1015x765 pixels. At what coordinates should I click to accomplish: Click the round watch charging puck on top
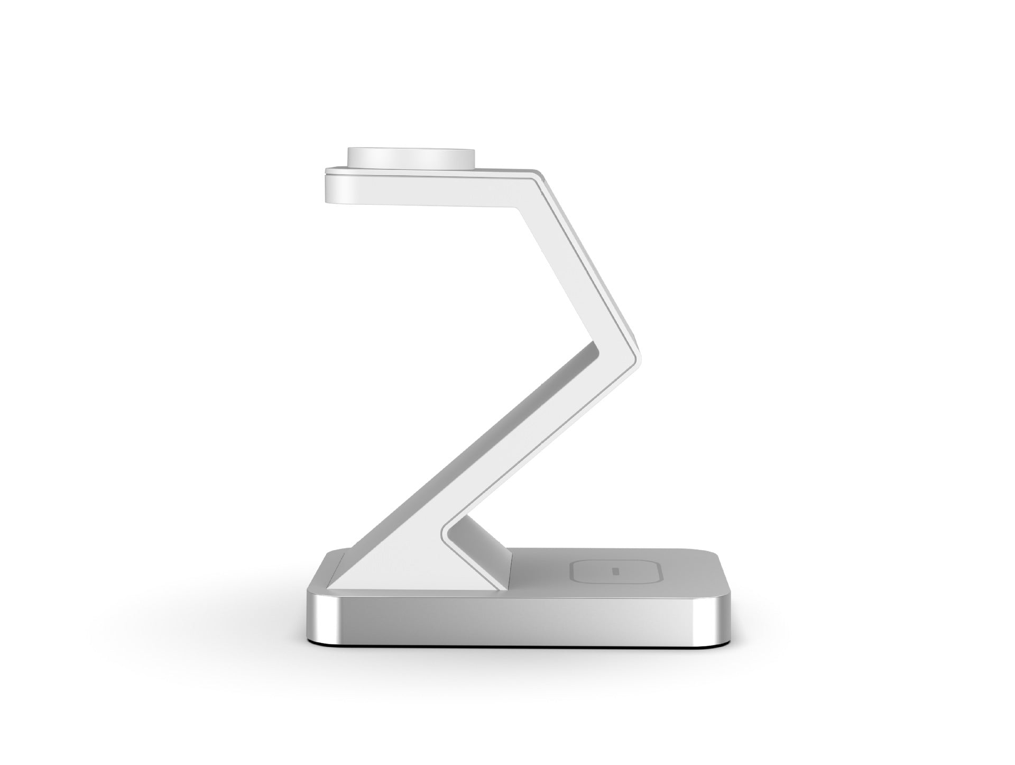coord(410,158)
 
